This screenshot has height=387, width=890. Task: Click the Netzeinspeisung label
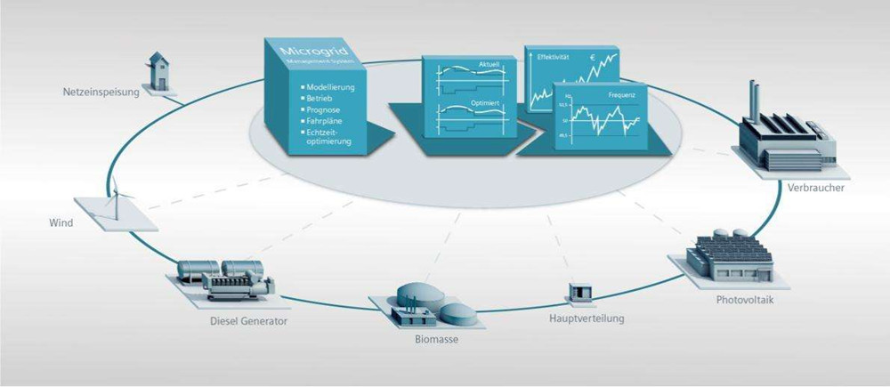click(101, 93)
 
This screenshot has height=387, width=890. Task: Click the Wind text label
click(61, 222)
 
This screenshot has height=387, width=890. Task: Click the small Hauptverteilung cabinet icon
click(580, 291)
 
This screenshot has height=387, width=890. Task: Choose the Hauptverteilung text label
click(587, 318)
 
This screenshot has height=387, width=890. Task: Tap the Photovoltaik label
click(747, 299)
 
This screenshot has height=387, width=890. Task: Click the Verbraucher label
click(816, 188)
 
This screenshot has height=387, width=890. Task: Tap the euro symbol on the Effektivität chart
click(593, 59)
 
